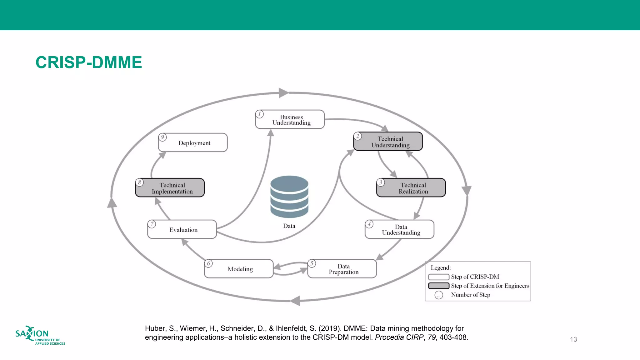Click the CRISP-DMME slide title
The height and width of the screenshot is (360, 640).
point(89,62)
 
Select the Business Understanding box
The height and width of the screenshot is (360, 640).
point(290,120)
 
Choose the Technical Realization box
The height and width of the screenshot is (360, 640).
point(411,188)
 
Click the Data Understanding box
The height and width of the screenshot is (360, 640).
point(400,230)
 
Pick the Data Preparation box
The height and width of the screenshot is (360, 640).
point(342,269)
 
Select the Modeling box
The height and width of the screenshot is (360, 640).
point(239,269)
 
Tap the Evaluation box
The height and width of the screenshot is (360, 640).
point(182,230)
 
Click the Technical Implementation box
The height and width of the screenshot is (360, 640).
point(170,188)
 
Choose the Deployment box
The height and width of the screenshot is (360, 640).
point(193,143)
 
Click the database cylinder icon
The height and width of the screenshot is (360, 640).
point(289,197)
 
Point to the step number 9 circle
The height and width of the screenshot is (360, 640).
point(162,137)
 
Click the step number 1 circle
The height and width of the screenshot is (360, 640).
point(259,114)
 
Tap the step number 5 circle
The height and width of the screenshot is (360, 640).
point(312,263)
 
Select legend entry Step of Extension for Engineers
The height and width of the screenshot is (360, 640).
point(489,286)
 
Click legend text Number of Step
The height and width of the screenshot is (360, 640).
point(470,295)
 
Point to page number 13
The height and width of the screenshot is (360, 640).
point(573,339)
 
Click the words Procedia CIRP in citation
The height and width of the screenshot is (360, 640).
point(399,337)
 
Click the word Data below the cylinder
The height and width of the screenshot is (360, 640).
point(289,226)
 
